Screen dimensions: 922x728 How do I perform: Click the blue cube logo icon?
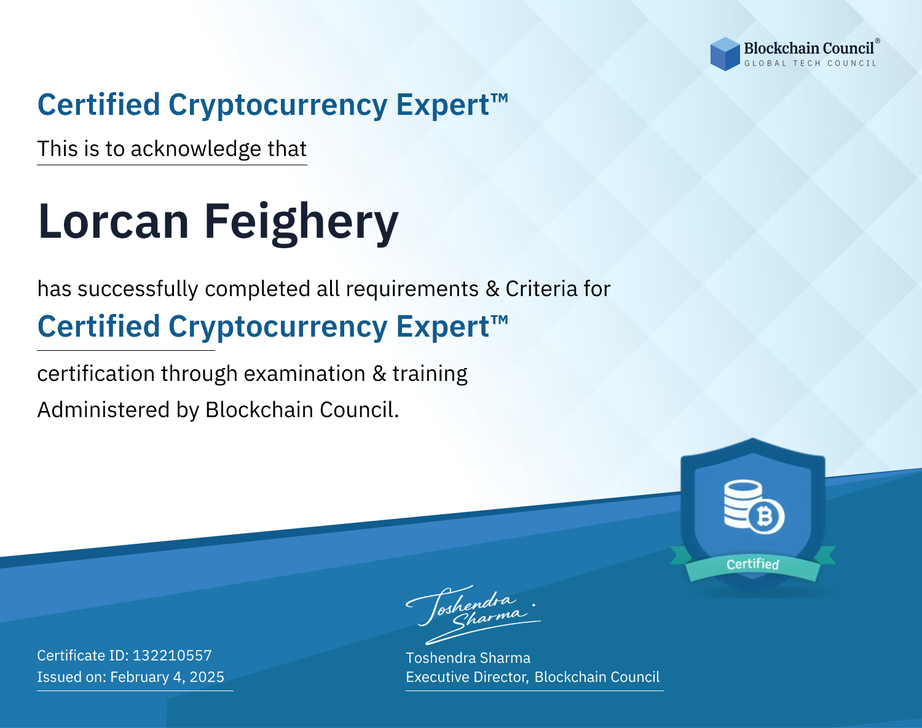725,54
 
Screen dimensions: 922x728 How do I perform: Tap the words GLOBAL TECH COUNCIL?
811,63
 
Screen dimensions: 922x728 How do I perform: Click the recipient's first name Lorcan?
114,221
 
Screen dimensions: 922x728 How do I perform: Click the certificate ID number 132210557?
172,655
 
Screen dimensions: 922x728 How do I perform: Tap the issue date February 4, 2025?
167,677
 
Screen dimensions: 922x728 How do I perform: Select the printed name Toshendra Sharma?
468,658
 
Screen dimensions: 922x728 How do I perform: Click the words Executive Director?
466,677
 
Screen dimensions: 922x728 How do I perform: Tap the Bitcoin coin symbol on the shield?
766,517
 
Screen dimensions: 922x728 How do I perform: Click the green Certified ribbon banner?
753,564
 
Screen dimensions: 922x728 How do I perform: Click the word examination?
305,374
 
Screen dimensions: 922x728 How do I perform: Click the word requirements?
412,289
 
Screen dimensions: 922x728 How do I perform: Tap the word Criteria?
541,289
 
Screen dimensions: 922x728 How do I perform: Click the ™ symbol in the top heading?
500,98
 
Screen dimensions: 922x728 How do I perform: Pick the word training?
430,374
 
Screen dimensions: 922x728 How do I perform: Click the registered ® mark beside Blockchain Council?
877,41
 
